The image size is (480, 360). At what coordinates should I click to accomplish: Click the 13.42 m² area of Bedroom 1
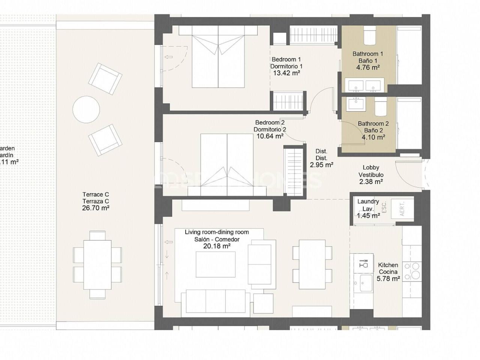(x=286, y=73)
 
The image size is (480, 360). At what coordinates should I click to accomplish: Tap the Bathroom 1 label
(x=367, y=54)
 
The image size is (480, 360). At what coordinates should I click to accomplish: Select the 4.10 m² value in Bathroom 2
(x=373, y=137)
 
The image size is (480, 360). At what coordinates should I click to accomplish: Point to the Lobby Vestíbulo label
(x=371, y=171)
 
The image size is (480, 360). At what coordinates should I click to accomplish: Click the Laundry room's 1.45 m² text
(x=368, y=216)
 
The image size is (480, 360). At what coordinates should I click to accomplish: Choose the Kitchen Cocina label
(x=388, y=268)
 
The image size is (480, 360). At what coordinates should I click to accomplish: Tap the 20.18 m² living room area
(x=216, y=246)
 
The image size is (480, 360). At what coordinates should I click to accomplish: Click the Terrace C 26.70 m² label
(x=96, y=201)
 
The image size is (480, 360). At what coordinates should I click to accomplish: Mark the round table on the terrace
(x=86, y=109)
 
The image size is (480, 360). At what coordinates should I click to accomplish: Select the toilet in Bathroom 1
(x=369, y=36)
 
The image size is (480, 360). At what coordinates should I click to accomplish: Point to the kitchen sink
(x=363, y=282)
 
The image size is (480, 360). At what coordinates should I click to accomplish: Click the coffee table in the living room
(x=216, y=264)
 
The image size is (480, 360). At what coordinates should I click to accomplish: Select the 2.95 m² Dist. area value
(x=321, y=165)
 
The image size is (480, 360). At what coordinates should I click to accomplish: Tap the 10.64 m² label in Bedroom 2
(x=270, y=136)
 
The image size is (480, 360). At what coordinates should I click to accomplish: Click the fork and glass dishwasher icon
(x=363, y=263)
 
